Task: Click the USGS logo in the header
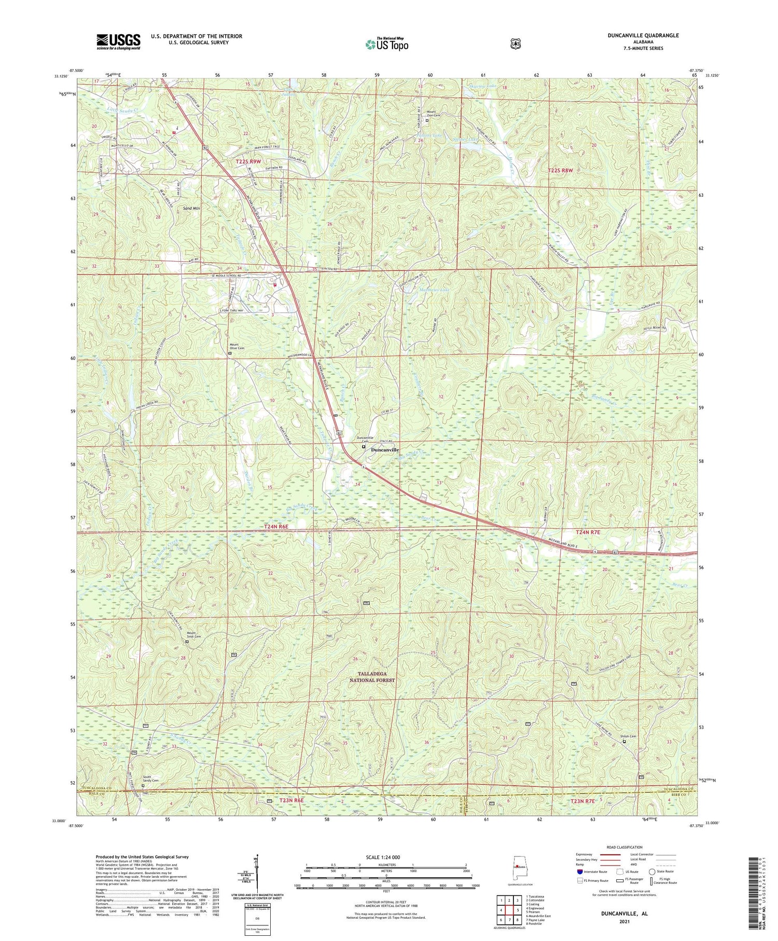click(x=118, y=42)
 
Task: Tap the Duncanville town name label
click(x=384, y=450)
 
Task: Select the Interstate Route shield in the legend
click(x=579, y=872)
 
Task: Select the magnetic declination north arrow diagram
click(x=256, y=872)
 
